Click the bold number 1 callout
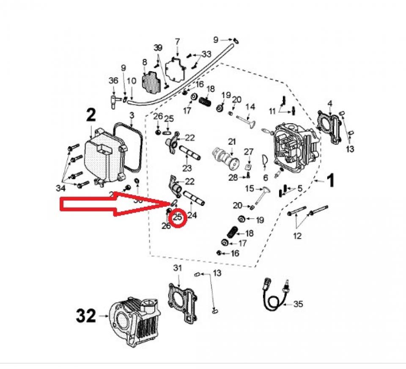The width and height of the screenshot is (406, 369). (330, 181)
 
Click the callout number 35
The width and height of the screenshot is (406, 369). (298, 304)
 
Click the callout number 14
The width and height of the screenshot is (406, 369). (250, 106)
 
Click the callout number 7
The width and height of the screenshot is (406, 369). (177, 42)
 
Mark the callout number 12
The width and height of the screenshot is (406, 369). (297, 236)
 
